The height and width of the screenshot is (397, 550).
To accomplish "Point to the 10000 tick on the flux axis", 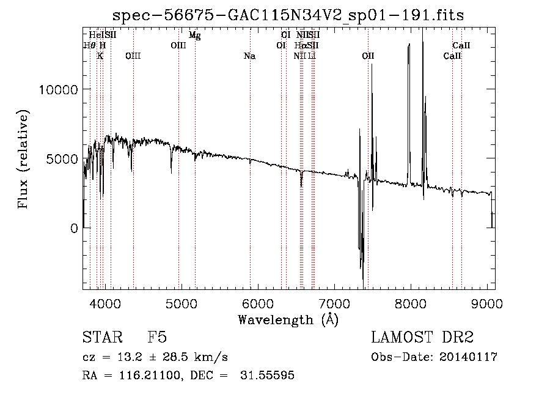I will point(58,89).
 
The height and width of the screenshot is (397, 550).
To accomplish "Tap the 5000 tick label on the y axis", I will point(61,159).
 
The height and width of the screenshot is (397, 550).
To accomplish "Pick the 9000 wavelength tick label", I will point(487,303).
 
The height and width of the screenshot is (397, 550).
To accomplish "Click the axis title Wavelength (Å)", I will point(288,319).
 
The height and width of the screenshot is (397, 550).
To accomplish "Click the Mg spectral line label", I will point(194,35).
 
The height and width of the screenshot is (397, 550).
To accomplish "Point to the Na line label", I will point(249,56).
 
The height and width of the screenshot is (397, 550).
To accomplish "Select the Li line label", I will point(312,56).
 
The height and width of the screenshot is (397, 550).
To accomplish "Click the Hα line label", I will point(299,45).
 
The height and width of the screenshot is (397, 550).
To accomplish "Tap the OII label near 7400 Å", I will point(368,56).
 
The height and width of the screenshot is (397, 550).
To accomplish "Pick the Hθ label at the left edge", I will point(89,45).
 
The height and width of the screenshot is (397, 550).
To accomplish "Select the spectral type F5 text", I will point(157,338).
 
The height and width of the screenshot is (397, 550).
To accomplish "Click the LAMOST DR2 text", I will point(422,338).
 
